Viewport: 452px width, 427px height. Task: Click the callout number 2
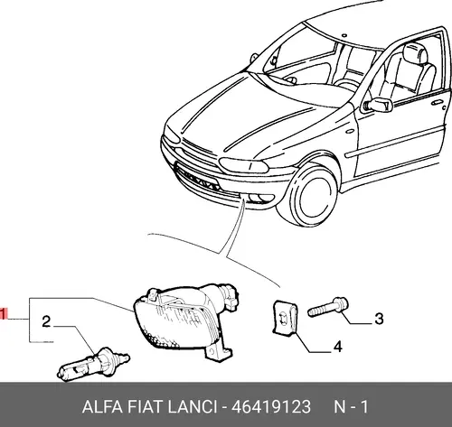tap(46, 321)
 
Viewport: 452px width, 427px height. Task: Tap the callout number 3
tap(379, 319)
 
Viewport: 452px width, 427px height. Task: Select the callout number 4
tap(338, 347)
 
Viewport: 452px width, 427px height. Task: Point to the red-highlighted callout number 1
tap(3, 314)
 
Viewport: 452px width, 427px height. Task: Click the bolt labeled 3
tap(328, 307)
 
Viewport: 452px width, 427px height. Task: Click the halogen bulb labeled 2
tap(93, 364)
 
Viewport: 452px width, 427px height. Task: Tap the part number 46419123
tap(270, 407)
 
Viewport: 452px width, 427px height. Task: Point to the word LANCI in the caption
tap(193, 407)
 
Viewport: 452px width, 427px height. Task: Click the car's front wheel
tap(312, 196)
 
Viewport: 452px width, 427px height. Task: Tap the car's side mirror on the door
tap(379, 105)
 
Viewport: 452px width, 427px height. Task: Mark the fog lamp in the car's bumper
tap(260, 198)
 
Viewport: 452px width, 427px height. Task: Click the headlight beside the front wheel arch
tap(243, 165)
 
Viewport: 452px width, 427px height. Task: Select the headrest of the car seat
tap(415, 53)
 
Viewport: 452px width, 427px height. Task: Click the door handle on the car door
tap(437, 102)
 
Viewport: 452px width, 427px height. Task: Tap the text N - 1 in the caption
tap(351, 407)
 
